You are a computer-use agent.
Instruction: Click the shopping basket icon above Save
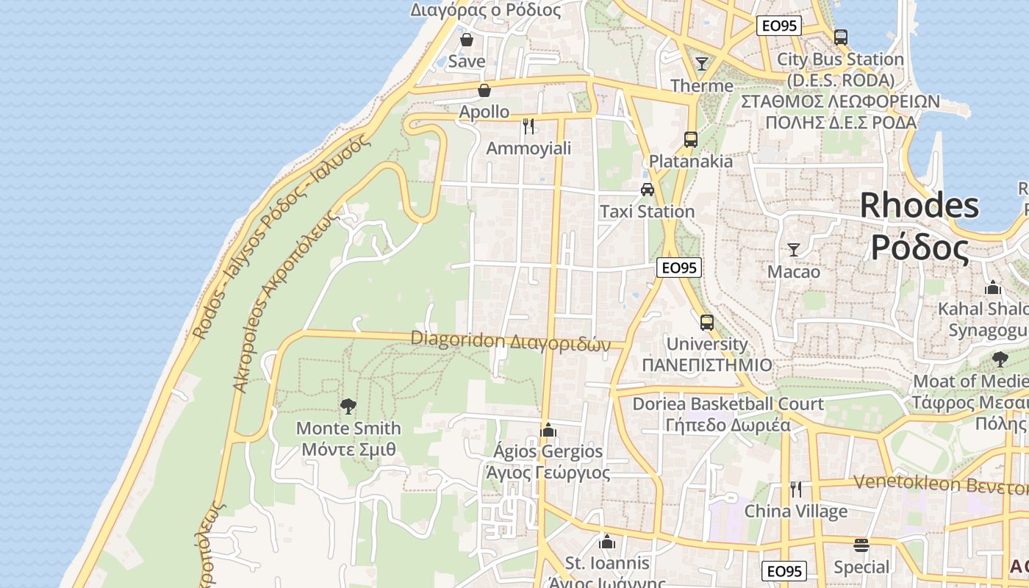467,40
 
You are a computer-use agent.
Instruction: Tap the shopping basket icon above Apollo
484,90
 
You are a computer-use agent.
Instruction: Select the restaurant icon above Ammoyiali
528,126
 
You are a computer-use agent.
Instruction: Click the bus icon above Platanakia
690,139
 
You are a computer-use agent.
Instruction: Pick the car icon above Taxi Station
647,189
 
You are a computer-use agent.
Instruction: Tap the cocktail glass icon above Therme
702,64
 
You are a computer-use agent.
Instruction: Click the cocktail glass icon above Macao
793,250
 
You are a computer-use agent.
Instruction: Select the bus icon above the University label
706,322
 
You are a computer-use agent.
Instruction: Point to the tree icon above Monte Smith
348,406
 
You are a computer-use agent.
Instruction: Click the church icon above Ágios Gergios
548,430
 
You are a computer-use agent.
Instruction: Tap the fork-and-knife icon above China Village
795,489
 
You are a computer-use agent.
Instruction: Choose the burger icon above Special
861,545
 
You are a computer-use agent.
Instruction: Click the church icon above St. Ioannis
607,542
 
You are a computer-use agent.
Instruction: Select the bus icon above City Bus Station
841,37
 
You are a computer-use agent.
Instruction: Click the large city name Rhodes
919,205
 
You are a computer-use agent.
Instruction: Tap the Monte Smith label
348,428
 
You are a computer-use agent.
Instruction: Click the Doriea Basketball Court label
728,404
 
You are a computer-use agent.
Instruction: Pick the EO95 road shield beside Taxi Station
678,268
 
